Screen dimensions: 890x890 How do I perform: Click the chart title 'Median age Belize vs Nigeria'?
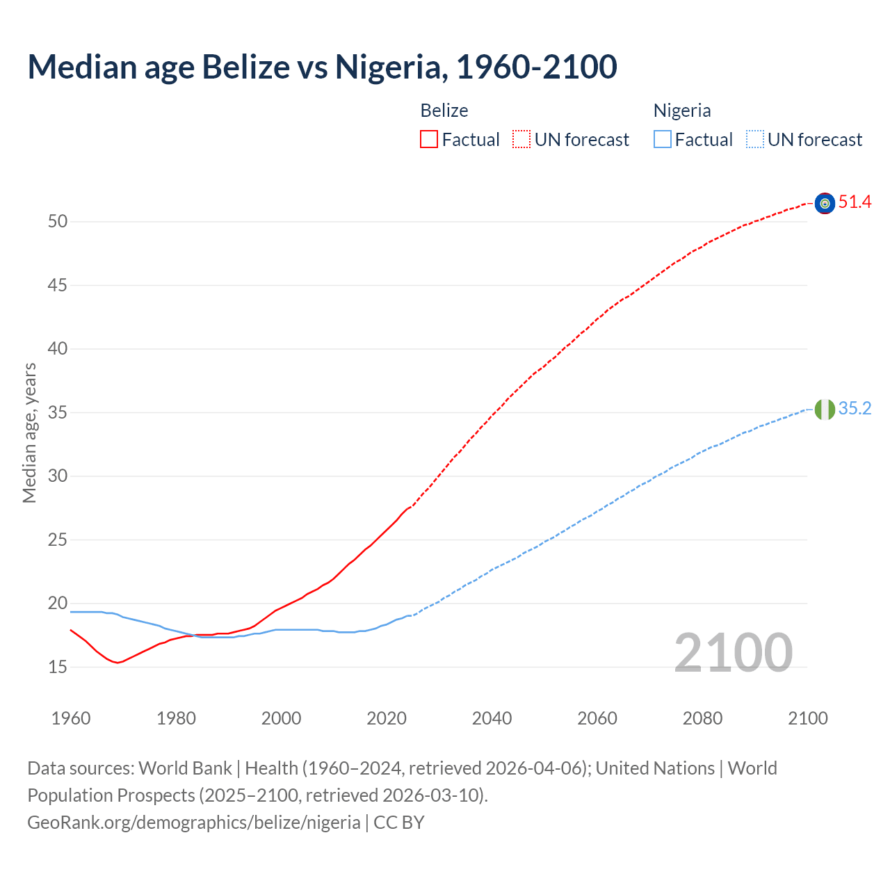(322, 67)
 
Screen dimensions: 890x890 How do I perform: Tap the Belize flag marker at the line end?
(825, 203)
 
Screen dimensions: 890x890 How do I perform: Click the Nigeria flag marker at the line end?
(825, 410)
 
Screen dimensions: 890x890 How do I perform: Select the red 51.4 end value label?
(855, 202)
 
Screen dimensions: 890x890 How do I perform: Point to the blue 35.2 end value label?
(855, 409)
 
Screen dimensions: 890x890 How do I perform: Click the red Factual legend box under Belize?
(429, 140)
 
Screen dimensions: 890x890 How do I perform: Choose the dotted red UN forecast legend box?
(521, 140)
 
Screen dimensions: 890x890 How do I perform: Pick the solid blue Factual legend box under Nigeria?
(662, 140)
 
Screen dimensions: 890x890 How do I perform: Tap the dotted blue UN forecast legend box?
(754, 140)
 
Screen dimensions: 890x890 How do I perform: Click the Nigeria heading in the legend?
(681, 111)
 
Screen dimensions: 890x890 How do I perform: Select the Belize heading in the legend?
(444, 111)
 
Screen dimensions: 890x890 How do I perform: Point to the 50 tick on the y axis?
(58, 222)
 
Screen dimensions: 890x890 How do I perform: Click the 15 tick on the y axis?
(58, 667)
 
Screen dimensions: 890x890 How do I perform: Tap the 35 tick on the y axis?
(58, 413)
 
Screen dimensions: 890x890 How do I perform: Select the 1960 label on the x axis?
(71, 718)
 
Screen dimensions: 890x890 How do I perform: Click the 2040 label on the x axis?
(492, 718)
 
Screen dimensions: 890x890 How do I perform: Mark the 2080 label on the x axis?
(702, 718)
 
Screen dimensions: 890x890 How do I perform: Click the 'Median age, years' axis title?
(29, 432)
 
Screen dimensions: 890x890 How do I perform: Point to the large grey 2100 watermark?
(733, 652)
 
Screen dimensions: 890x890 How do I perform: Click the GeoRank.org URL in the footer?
(194, 823)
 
